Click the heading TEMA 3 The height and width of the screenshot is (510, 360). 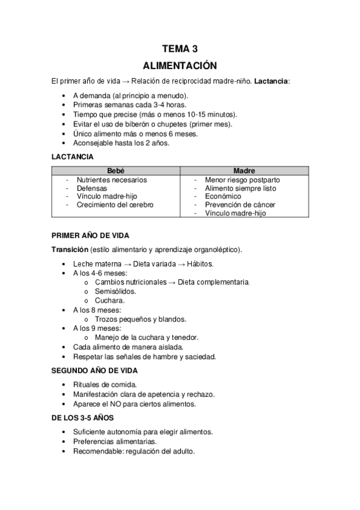pos(180,49)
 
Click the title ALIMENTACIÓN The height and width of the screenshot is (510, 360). pos(180,65)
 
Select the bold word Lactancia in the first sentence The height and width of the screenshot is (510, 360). pos(272,81)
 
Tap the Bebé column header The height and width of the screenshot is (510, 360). pos(115,171)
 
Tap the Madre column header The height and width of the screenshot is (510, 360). pos(243,171)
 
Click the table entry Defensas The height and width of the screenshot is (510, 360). pos(92,188)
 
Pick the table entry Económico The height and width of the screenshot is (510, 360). pos(223,197)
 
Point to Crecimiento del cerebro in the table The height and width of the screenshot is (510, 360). pos(115,205)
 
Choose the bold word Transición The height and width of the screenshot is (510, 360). pos(70,250)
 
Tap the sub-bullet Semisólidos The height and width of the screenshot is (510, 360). pos(115,291)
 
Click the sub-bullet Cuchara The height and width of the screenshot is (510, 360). pos(109,301)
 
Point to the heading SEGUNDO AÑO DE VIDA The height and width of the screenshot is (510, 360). pos(95,370)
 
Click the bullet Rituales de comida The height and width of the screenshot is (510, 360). pos(105,385)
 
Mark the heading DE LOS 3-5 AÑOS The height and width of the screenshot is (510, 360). pos(83,417)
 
